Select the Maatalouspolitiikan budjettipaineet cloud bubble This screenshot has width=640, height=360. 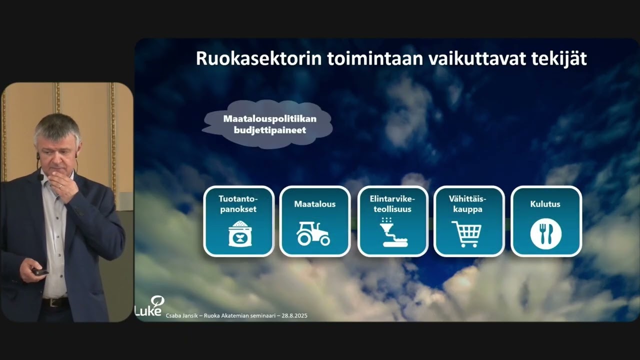(x=267, y=124)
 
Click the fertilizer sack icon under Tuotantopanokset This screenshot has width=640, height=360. (x=240, y=233)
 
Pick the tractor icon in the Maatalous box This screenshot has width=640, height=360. (x=313, y=233)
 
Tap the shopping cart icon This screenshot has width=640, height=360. (x=466, y=234)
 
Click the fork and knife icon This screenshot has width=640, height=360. (x=546, y=234)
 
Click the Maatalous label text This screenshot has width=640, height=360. (x=315, y=204)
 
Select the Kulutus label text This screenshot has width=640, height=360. (x=545, y=204)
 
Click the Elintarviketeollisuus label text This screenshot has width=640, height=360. (x=392, y=204)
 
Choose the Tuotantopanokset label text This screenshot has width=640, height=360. (x=238, y=204)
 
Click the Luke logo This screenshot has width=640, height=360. (x=150, y=307)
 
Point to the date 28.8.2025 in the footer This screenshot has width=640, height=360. (x=294, y=316)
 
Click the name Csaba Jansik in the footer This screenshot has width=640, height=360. (x=182, y=316)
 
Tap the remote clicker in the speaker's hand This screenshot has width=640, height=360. (x=39, y=272)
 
